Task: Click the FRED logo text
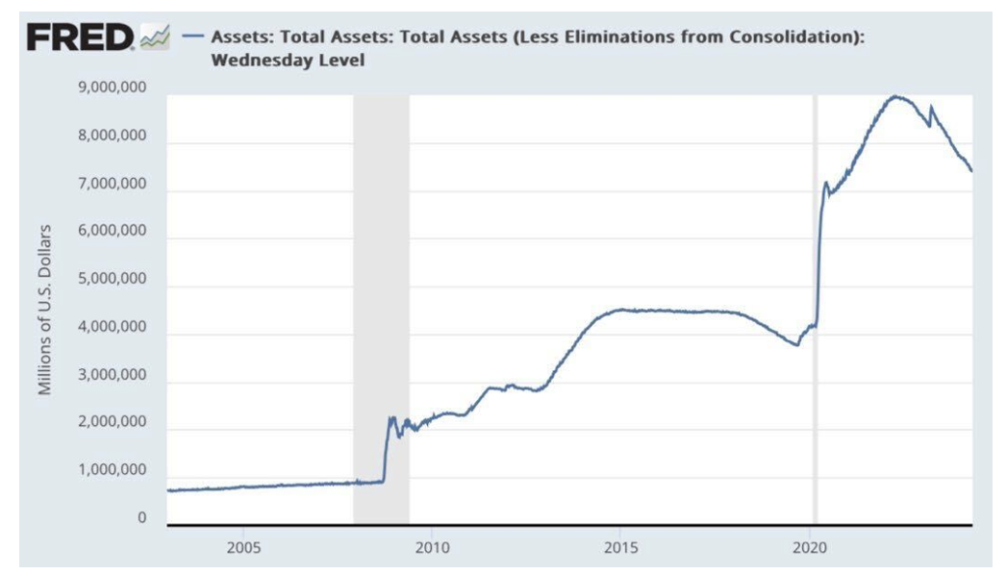click(82, 37)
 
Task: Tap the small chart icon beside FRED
click(154, 38)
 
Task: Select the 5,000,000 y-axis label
click(109, 280)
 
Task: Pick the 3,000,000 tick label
click(109, 375)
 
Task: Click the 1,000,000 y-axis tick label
click(109, 471)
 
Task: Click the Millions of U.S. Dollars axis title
click(44, 310)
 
